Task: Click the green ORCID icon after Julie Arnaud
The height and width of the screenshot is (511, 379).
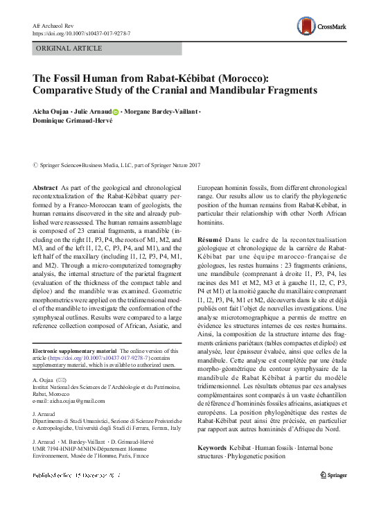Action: point(115,112)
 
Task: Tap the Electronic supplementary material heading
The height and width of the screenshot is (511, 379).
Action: point(76,352)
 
